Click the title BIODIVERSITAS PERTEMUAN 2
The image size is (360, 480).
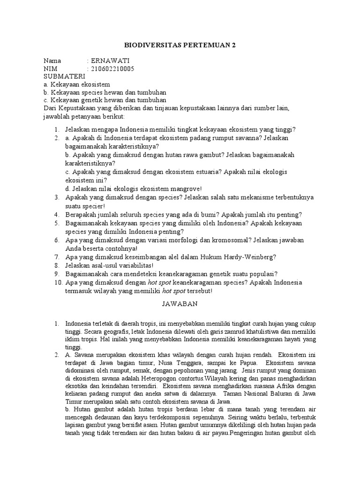180,45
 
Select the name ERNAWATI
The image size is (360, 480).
110,61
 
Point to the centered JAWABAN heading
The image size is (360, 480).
180,303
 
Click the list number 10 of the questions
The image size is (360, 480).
56,283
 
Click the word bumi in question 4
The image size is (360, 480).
204,214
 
